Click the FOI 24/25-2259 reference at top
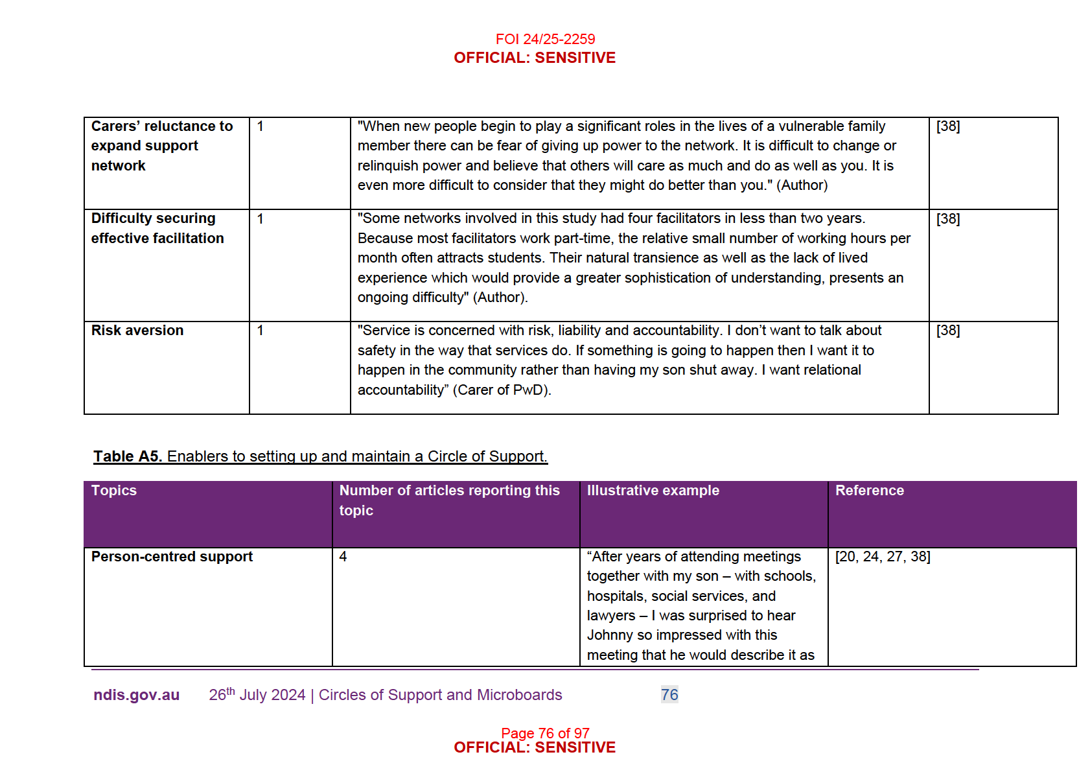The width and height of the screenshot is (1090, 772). (545, 40)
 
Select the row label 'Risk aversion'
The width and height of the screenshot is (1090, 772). (137, 331)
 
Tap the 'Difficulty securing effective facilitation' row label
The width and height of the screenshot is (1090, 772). (157, 228)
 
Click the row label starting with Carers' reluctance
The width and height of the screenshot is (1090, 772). (162, 146)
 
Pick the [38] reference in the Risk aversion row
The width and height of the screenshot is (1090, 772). (948, 331)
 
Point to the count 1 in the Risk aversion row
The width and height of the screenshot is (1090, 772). (261, 331)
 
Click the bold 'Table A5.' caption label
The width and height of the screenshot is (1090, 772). (127, 456)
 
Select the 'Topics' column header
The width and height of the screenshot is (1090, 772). (114, 491)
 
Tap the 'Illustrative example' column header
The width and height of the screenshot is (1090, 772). (653, 491)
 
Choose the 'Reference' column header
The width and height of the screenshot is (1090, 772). (870, 491)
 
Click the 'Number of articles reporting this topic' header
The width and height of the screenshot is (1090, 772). (449, 500)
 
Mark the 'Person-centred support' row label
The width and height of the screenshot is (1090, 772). (172, 557)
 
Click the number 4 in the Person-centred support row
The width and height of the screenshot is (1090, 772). (343, 557)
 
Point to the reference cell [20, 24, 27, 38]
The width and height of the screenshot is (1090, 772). (883, 557)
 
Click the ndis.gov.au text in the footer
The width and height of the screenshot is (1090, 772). (136, 695)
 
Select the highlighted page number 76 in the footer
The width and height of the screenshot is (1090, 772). (669, 695)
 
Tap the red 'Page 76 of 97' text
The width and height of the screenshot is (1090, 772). (545, 733)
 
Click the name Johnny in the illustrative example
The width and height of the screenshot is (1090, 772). (611, 635)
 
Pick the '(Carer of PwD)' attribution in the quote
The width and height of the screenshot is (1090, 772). (502, 390)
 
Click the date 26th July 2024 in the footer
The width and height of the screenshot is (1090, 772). (257, 695)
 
